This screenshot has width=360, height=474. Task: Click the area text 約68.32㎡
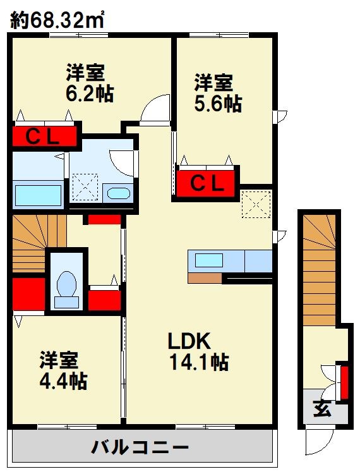[57, 20]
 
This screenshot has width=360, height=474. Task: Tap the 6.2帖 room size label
[90, 94]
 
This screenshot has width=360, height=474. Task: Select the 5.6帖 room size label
[218, 104]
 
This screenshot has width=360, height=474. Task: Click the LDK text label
[189, 341]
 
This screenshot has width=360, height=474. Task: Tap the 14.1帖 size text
[200, 362]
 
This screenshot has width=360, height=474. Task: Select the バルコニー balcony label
[140, 447]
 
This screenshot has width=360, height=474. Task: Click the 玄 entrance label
[322, 409]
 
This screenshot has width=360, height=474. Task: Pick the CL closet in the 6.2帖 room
[44, 137]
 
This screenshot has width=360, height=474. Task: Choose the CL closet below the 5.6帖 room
[206, 183]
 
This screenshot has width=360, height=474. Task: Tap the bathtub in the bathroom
[39, 195]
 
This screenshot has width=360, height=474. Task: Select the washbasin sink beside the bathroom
[118, 193]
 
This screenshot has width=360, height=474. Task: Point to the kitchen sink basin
[209, 260]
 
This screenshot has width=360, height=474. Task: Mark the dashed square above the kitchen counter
[256, 205]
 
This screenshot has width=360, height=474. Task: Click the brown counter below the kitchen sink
[205, 278]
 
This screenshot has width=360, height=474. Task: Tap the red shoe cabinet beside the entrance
[345, 382]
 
